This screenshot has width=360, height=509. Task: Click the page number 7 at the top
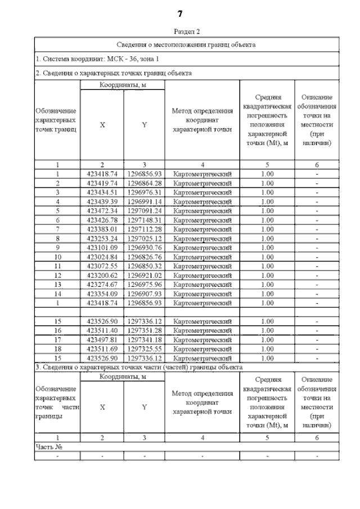(180, 13)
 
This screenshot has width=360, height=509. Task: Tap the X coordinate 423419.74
(102, 183)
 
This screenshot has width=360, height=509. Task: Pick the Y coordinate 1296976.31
(145, 192)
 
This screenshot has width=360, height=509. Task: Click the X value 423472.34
(102, 210)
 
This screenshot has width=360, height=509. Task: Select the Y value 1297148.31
(145, 219)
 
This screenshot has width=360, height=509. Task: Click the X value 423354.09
(102, 293)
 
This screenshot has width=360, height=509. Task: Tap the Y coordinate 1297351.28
(145, 330)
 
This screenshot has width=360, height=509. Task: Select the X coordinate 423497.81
(102, 339)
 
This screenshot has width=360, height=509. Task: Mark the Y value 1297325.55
(145, 348)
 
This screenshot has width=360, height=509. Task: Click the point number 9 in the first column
(57, 247)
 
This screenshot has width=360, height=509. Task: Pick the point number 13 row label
(57, 284)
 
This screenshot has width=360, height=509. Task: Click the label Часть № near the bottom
(48, 447)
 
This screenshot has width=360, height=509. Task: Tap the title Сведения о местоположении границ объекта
(186, 44)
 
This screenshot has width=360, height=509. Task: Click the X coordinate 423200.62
(102, 275)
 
